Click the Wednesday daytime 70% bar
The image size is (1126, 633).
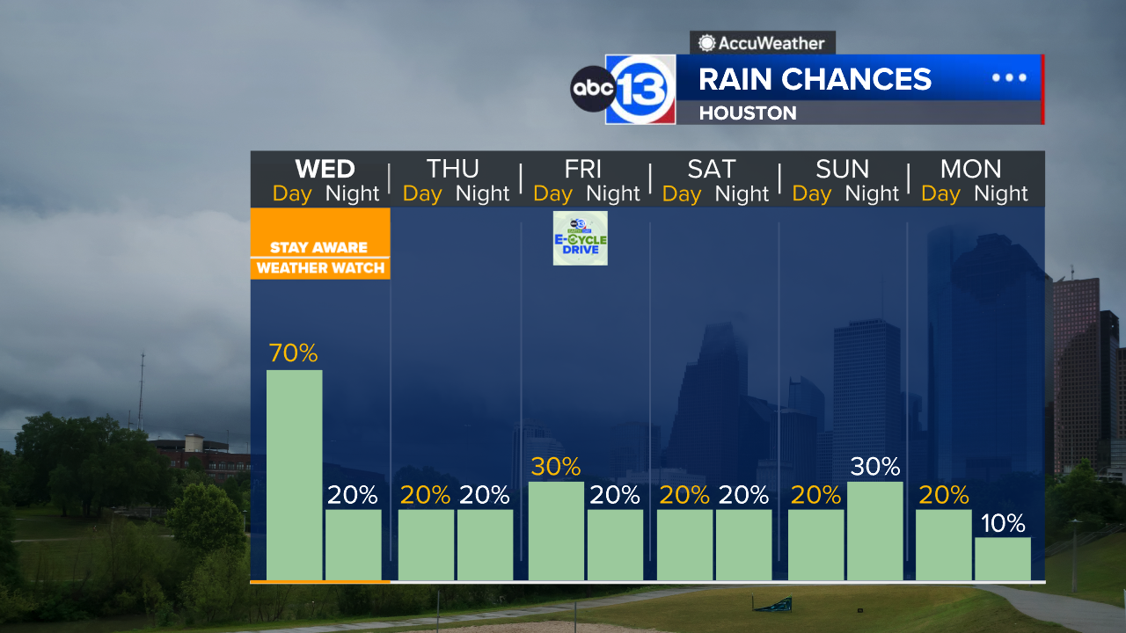[x=294, y=475]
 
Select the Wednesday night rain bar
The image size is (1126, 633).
[x=354, y=544]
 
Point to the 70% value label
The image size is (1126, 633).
[x=294, y=353]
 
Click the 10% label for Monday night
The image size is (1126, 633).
[x=1003, y=524]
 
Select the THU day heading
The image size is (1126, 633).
[x=453, y=168]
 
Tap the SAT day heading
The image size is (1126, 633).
[x=712, y=168]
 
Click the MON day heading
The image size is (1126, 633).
[x=970, y=168]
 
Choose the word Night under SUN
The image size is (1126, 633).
[x=872, y=193]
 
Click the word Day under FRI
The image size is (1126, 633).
[x=552, y=193]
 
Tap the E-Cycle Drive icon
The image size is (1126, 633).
[x=580, y=238]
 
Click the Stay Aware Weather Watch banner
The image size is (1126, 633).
[x=320, y=257]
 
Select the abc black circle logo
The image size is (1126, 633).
[x=591, y=90]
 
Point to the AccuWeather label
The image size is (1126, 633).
[x=762, y=42]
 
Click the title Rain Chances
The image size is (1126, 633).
[x=815, y=79]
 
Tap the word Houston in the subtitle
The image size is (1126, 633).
[x=748, y=113]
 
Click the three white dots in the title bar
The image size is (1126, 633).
[x=1009, y=77]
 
